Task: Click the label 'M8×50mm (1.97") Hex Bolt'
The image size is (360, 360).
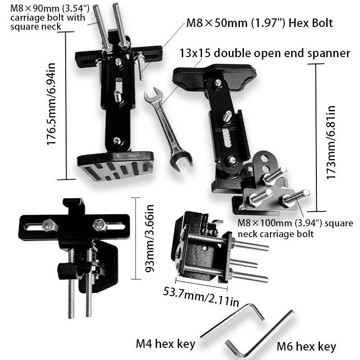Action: click(x=260, y=23)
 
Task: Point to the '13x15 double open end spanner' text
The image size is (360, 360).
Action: click(x=265, y=53)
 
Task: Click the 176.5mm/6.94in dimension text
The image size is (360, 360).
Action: click(x=51, y=104)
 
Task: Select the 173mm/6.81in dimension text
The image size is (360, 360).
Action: click(x=331, y=142)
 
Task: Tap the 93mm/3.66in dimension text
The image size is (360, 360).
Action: click(x=149, y=238)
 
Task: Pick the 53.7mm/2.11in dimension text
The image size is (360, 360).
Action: click(x=201, y=297)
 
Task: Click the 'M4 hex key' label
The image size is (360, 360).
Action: click(x=166, y=344)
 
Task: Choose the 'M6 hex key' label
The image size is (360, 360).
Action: click(x=306, y=346)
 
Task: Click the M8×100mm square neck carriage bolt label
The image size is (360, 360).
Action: click(x=295, y=229)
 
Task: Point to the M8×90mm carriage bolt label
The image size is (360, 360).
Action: click(x=49, y=18)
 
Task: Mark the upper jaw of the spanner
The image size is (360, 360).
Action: click(x=153, y=95)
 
